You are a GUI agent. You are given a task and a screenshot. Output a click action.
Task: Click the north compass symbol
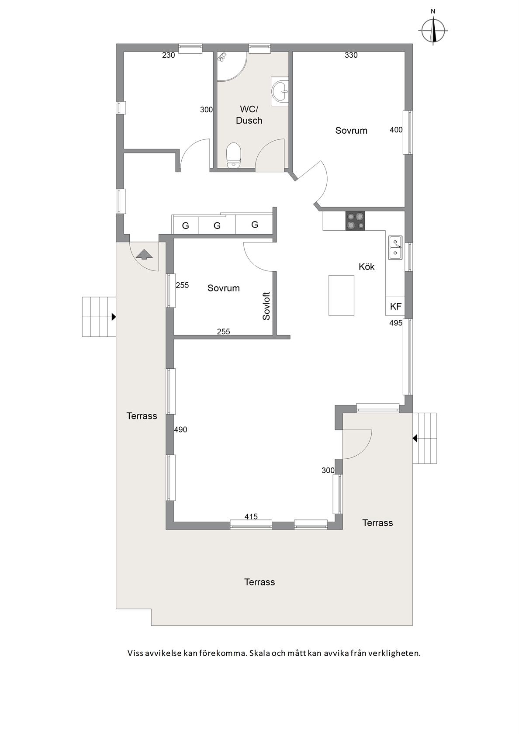click(x=433, y=30)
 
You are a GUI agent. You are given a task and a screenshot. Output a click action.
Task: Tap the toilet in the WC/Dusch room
click(x=234, y=155)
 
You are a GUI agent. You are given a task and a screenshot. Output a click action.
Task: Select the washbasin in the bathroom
click(x=280, y=91)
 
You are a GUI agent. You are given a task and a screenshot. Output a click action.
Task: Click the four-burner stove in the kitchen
click(x=355, y=221)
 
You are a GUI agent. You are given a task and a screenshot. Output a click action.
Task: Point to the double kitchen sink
click(x=395, y=248)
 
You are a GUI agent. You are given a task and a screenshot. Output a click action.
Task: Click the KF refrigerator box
click(x=395, y=306)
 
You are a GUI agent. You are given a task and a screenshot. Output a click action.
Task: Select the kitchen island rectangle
click(x=342, y=295)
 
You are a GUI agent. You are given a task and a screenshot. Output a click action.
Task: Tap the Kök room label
click(x=367, y=267)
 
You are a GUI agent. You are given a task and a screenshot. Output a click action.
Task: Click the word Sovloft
click(x=266, y=306)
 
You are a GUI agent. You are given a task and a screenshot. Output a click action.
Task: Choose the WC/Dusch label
click(x=249, y=114)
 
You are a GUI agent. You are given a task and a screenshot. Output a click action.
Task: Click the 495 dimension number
click(x=396, y=323)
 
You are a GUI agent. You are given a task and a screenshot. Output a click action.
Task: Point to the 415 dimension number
click(x=251, y=516)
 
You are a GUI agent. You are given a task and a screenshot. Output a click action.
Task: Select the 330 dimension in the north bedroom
click(x=351, y=55)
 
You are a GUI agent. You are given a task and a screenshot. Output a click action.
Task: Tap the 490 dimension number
click(x=180, y=429)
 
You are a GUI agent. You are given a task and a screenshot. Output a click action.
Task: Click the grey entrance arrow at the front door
click(x=144, y=254)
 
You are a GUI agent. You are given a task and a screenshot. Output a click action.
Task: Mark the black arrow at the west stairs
click(x=114, y=317)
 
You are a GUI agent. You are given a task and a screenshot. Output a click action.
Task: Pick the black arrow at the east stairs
click(x=415, y=438)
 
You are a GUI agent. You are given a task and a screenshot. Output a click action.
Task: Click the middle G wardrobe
click(x=217, y=225)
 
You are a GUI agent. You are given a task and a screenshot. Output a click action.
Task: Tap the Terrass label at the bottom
click(x=259, y=582)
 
